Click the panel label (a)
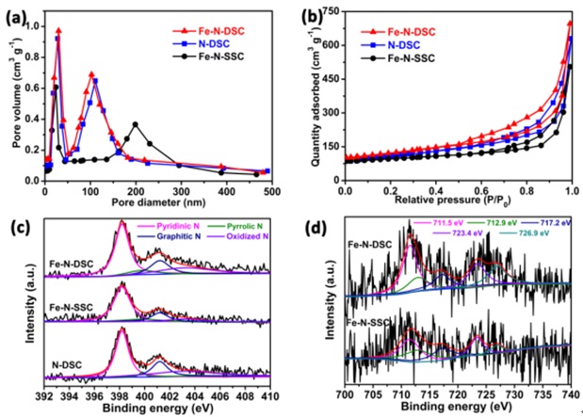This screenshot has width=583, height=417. [x=20, y=12]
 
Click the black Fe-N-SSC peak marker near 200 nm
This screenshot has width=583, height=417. [x=187, y=124]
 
